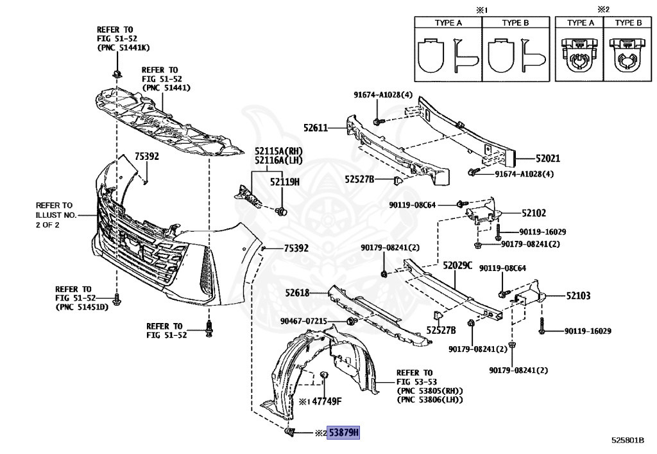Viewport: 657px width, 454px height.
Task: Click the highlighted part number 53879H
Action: (343, 433)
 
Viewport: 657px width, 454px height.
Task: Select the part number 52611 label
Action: (316, 128)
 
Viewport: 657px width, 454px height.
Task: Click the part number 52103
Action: (578, 296)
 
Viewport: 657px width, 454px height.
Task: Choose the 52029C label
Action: (457, 265)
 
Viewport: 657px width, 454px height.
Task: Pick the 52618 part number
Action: (298, 293)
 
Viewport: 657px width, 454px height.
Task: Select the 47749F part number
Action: (327, 402)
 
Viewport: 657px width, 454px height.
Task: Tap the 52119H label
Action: (284, 182)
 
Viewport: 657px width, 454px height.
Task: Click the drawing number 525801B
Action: (627, 441)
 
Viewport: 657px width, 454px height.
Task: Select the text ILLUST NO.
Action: (56, 214)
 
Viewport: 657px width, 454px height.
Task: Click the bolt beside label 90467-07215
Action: (350, 321)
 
